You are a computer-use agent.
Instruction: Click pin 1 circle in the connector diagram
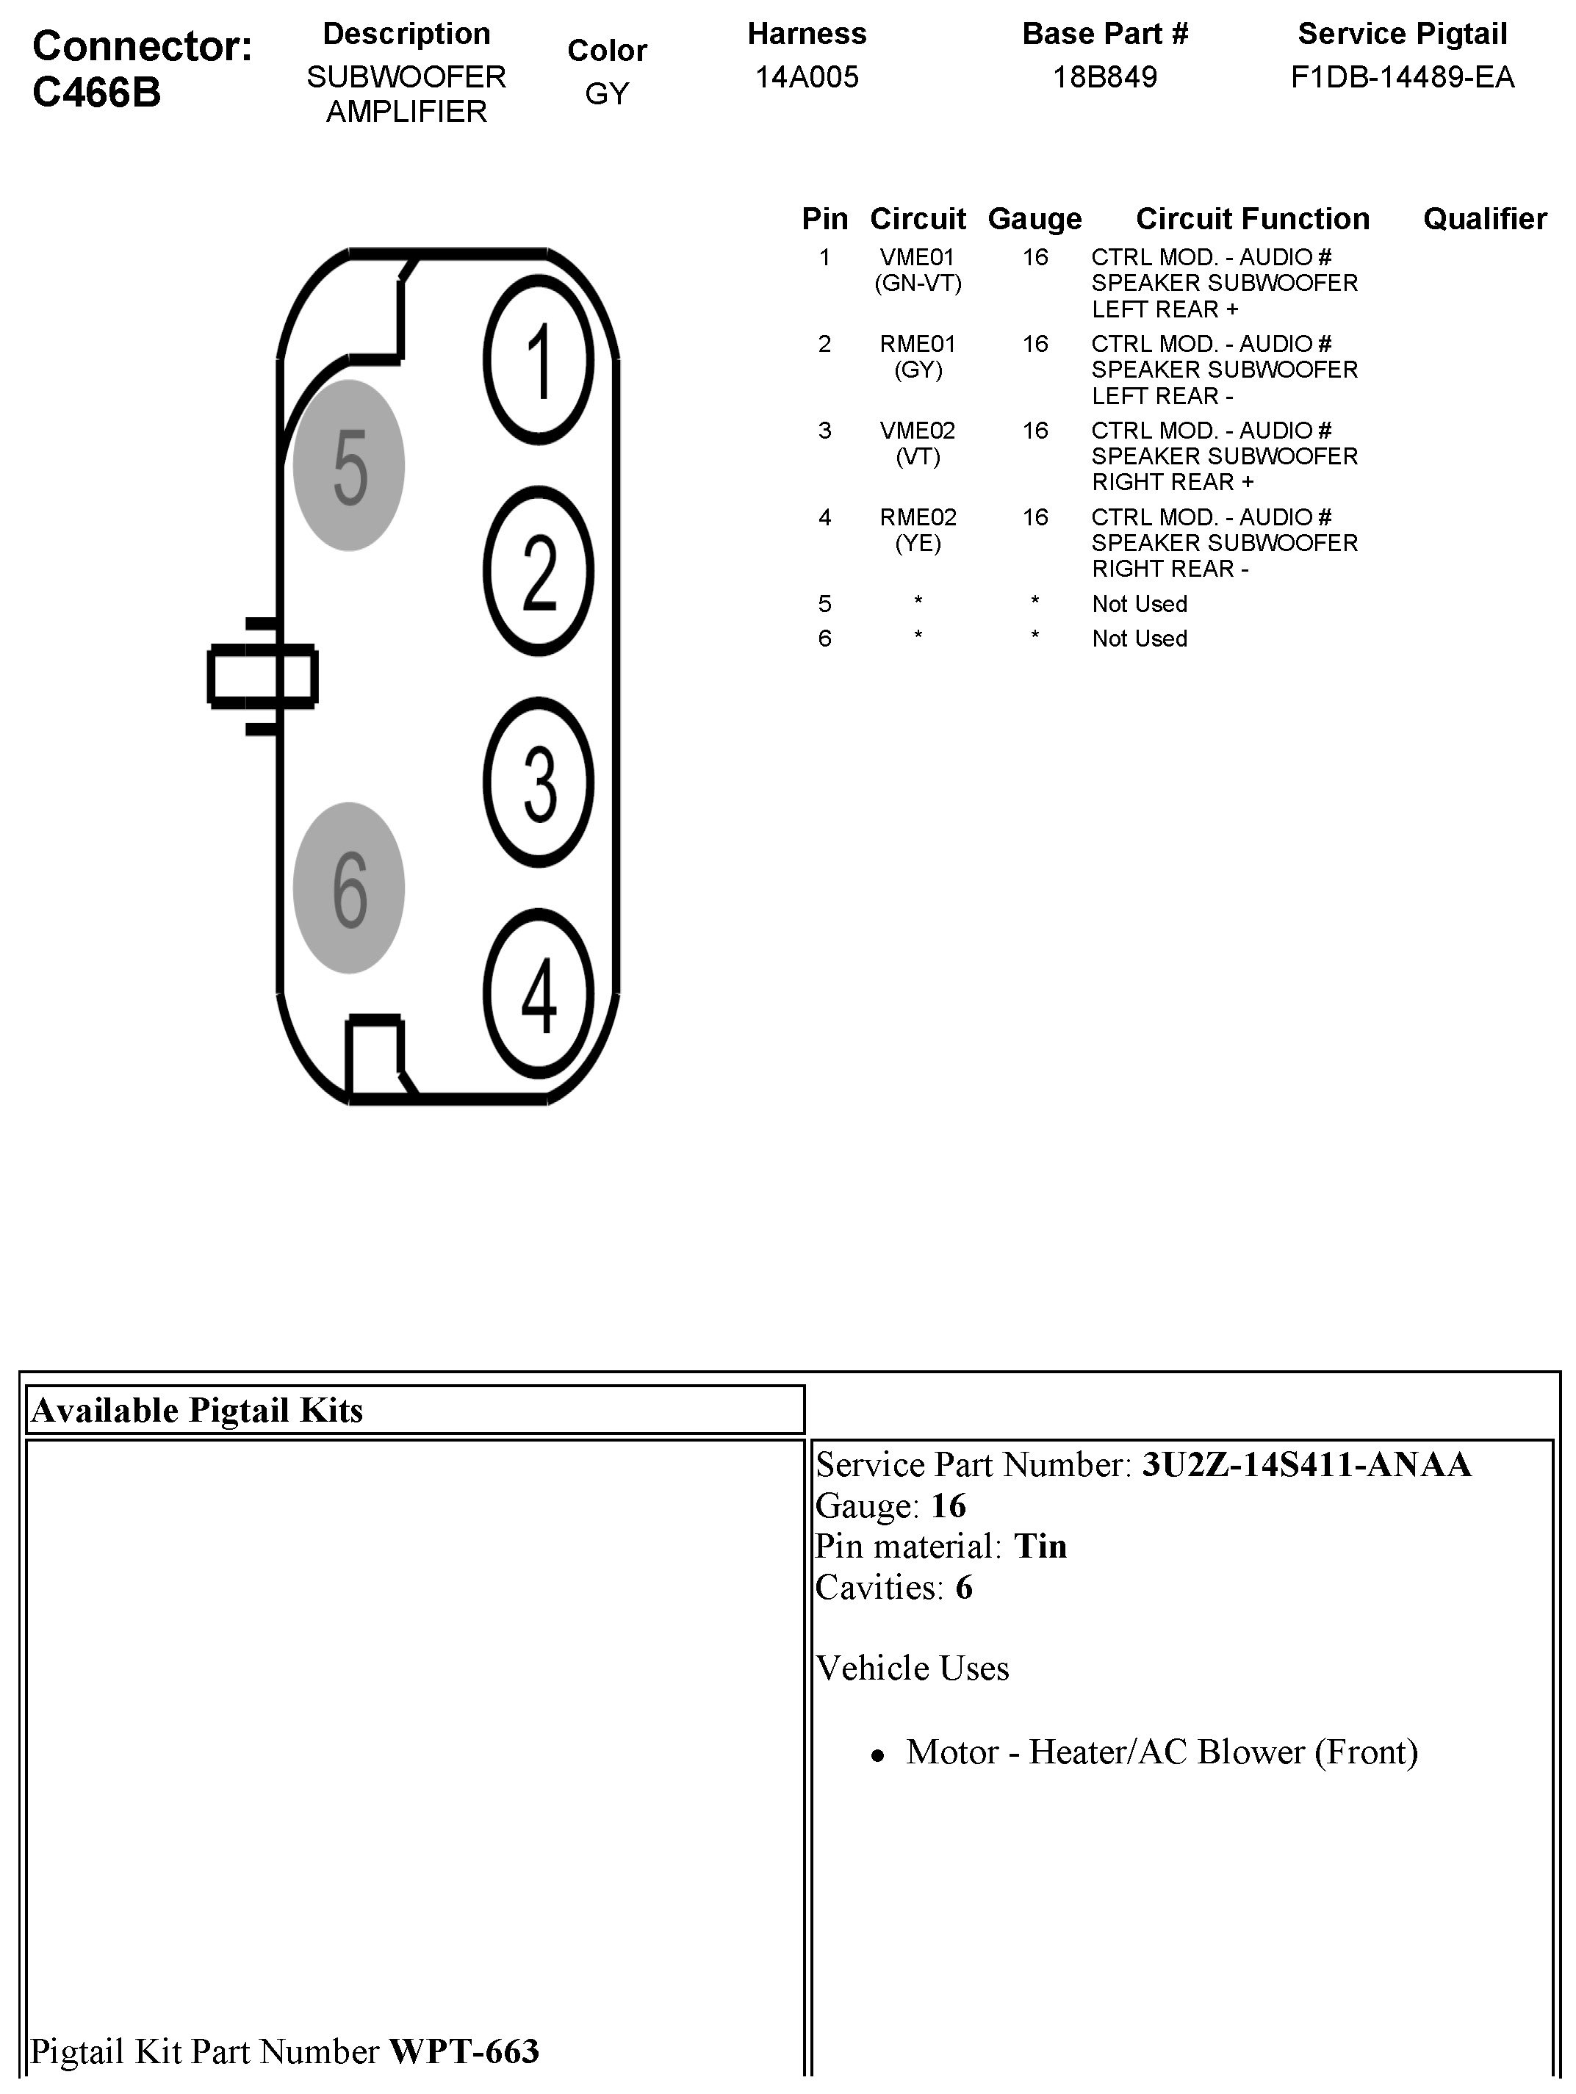coord(539,360)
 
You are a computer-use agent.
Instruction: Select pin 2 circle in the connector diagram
coord(539,571)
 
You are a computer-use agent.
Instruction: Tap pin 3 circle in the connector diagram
coord(539,782)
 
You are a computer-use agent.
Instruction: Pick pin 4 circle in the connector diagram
coord(539,993)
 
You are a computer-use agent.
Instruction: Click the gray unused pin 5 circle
coord(349,466)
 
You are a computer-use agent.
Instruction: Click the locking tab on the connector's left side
coord(262,675)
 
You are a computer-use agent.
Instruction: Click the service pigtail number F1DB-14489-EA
coord(1402,76)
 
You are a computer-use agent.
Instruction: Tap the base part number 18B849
coord(1104,76)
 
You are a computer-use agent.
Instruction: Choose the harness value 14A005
coord(807,76)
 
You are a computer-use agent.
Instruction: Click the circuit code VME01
coord(917,257)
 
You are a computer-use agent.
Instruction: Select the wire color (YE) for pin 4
coord(917,544)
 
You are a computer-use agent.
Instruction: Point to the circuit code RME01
coord(917,344)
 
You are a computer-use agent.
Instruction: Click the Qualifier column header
coord(1484,219)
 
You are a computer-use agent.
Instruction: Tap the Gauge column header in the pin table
coord(1035,219)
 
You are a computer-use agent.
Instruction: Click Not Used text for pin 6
coord(1140,638)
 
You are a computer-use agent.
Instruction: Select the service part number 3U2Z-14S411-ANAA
coord(1306,1464)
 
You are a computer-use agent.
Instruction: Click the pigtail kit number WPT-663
coord(464,2051)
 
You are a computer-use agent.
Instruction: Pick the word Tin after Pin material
coord(1040,1546)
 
